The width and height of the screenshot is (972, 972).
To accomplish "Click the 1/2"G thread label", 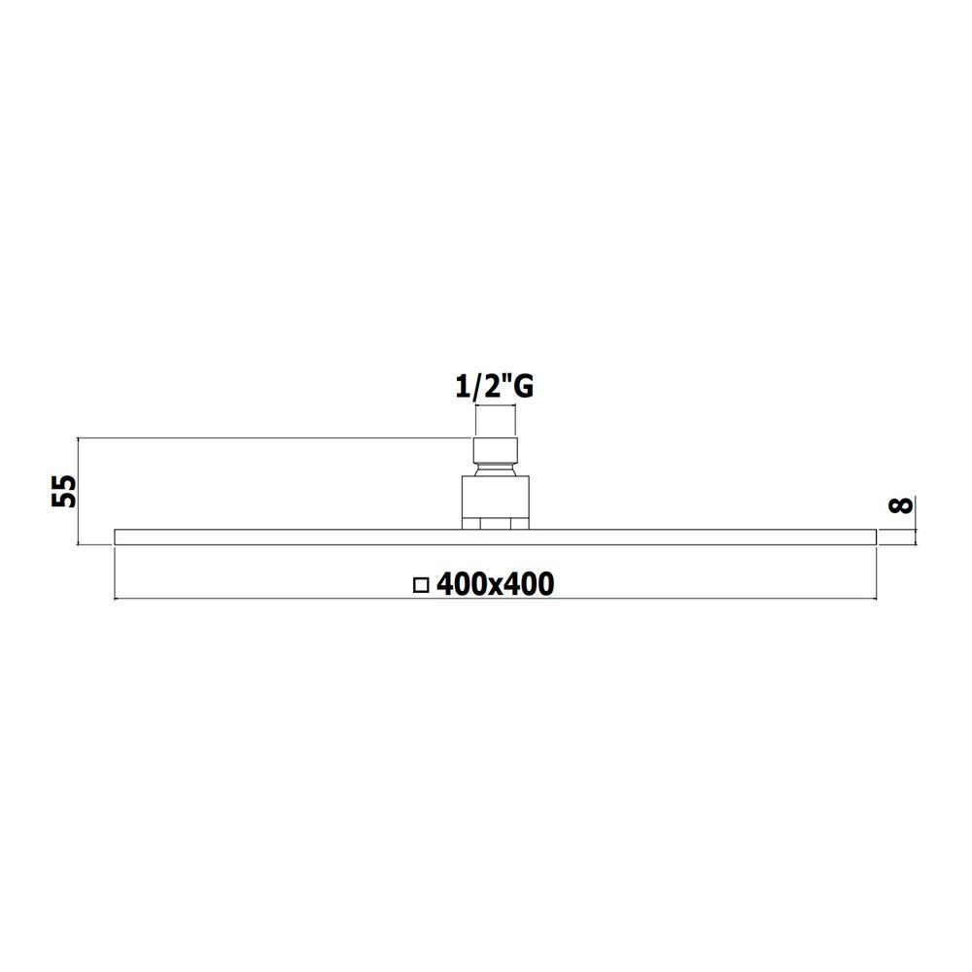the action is click(494, 388).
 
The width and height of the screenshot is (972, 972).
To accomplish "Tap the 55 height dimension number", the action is click(63, 492).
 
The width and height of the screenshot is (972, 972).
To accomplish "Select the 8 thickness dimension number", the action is click(901, 505).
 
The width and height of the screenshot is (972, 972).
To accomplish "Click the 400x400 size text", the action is click(496, 584).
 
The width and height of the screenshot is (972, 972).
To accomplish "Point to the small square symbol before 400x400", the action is click(421, 585).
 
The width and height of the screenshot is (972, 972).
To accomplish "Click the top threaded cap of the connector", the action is click(496, 449).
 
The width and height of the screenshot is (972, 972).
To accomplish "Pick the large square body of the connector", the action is click(496, 497).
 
